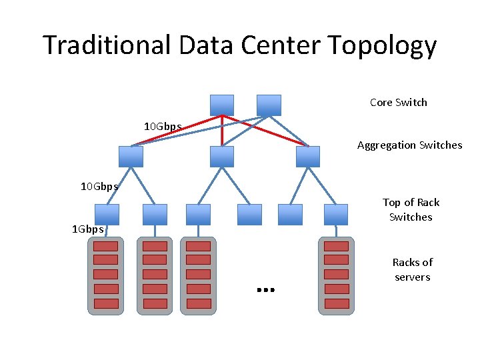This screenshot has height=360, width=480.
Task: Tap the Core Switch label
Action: (398, 102)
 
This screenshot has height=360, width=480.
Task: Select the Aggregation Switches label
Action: (409, 145)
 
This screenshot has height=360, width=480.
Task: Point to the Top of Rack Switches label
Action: (411, 209)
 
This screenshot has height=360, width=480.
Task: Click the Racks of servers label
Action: (412, 269)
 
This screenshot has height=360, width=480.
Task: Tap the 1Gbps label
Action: (88, 229)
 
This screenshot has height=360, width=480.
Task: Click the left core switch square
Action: (222, 105)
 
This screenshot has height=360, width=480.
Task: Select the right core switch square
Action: (269, 105)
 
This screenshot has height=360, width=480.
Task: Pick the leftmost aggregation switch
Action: (131, 156)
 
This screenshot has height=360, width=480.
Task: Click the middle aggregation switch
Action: (222, 156)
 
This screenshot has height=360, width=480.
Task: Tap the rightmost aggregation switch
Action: (308, 156)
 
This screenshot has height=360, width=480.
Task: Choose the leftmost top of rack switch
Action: (107, 214)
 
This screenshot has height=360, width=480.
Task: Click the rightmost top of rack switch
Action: (336, 214)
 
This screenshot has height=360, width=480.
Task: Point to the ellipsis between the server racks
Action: (265, 290)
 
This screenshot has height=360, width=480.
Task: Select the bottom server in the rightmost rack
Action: (336, 303)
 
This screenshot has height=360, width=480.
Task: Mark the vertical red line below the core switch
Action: (222, 131)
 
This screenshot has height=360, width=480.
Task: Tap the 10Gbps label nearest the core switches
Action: (163, 126)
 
